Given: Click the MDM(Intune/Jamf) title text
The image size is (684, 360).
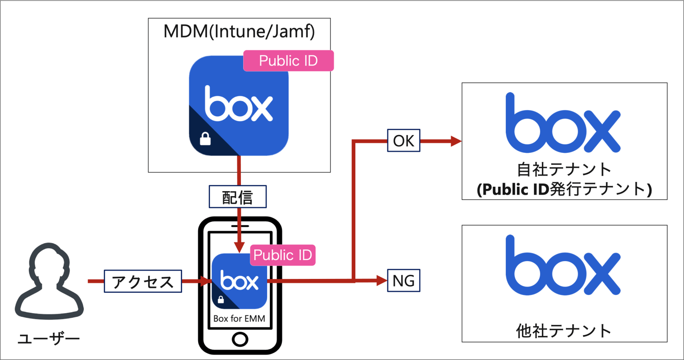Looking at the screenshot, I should pyautogui.click(x=240, y=32).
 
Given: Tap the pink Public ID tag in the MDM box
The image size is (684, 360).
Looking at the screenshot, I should pyautogui.click(x=288, y=61).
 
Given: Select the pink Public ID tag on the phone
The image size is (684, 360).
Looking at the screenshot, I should pyautogui.click(x=283, y=255).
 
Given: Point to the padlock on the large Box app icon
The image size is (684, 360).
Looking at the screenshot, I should pyautogui.click(x=205, y=139).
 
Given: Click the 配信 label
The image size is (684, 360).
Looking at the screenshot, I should pyautogui.click(x=238, y=197).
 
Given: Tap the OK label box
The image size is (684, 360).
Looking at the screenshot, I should pyautogui.click(x=403, y=141).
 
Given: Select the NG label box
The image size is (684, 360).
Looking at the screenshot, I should pyautogui.click(x=403, y=281).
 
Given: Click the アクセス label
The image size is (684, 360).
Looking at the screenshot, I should pyautogui.click(x=143, y=282).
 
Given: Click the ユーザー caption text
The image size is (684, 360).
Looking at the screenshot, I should pyautogui.click(x=49, y=340).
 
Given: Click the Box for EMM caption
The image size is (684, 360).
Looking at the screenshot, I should pyautogui.click(x=240, y=319).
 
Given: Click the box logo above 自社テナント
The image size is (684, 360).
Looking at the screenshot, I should pyautogui.click(x=563, y=123).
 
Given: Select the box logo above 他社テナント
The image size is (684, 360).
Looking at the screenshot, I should pyautogui.click(x=563, y=266).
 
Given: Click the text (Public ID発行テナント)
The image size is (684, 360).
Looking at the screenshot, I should pyautogui.click(x=564, y=189).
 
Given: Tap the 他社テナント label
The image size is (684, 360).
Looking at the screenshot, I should pyautogui.click(x=564, y=331).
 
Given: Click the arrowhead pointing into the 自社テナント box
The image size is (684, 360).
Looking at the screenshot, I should pyautogui.click(x=456, y=141).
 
